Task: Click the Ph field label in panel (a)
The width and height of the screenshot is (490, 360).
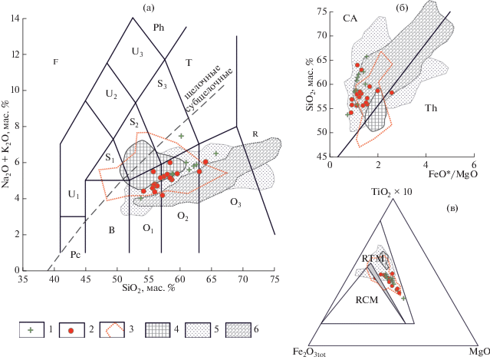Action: tap(159, 28)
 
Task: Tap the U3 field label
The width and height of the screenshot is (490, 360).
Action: tap(137, 52)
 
